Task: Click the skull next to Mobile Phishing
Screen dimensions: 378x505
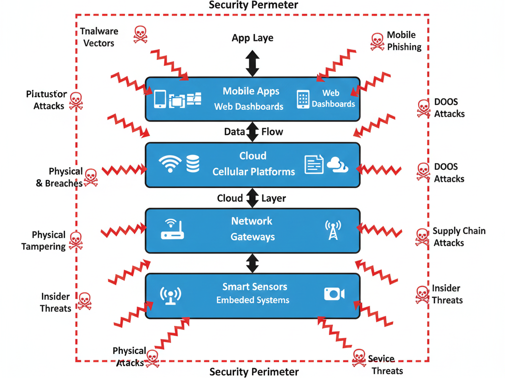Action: click(377, 42)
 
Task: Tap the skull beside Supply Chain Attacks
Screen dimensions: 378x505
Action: click(422, 237)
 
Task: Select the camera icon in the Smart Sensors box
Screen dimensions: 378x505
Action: click(334, 294)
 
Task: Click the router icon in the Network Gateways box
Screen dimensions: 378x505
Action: click(172, 229)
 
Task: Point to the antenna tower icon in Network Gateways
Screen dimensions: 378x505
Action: click(333, 230)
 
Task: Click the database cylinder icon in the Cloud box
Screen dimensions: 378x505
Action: click(193, 164)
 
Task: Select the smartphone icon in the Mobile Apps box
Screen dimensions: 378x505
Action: click(160, 98)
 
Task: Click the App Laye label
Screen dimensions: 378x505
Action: click(252, 38)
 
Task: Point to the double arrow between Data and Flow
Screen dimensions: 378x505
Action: click(252, 132)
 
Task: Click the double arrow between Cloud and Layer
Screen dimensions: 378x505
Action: click(252, 198)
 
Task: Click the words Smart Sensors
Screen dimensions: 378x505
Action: click(254, 286)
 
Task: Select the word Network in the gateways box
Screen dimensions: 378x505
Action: click(252, 221)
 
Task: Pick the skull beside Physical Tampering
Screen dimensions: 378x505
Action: click(75, 240)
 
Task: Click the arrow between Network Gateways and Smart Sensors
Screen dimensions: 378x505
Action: click(252, 263)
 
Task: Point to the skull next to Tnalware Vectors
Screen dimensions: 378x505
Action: click(141, 34)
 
